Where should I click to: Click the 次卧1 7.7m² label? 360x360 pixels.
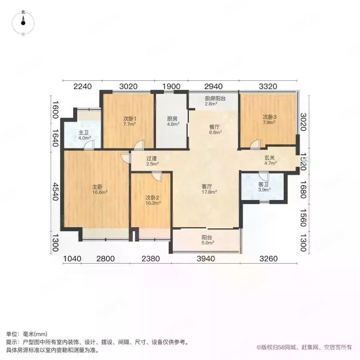(x=129, y=121)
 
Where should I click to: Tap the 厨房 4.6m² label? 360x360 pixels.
(x=172, y=121)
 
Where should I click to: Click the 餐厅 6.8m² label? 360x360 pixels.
(x=215, y=130)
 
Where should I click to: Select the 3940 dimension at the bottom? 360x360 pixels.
(x=206, y=259)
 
